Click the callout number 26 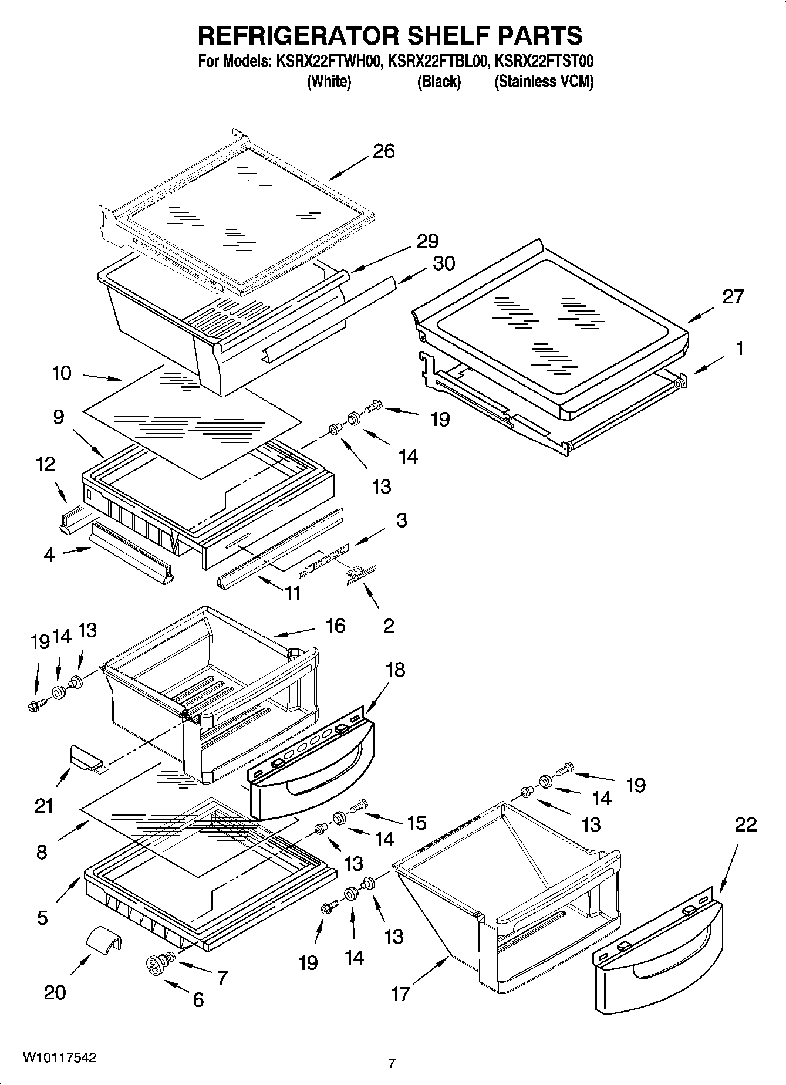pyautogui.click(x=384, y=151)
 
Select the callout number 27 pyautogui.click(x=733, y=296)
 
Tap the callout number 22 pyautogui.click(x=745, y=824)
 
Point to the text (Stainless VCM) pyautogui.click(x=544, y=82)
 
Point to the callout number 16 pyautogui.click(x=335, y=626)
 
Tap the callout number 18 pyautogui.click(x=396, y=670)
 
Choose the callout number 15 pyautogui.click(x=417, y=823)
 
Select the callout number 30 pyautogui.click(x=444, y=263)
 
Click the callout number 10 pyautogui.click(x=62, y=373)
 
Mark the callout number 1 pyautogui.click(x=740, y=349)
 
